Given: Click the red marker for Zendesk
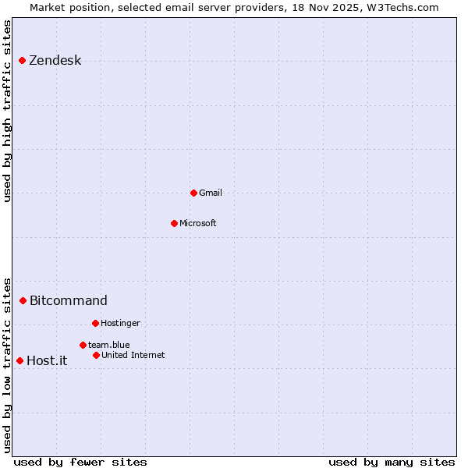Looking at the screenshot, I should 22,60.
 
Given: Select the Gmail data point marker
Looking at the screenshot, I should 193,193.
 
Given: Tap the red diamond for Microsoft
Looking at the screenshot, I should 174,223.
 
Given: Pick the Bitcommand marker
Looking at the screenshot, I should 23,300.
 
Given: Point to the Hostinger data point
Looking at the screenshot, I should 95,323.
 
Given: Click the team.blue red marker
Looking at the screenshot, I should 83,345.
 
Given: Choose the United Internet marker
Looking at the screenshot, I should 96,355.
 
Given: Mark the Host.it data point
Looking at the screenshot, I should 19,360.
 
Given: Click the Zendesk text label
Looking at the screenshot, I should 55,61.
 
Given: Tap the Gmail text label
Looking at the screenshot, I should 210,193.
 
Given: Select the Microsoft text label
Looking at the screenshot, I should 197,223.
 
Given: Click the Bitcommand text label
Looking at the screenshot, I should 69,300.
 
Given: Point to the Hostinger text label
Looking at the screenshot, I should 120,323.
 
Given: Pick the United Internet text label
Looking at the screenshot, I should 133,355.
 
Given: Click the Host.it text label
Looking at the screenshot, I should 47,360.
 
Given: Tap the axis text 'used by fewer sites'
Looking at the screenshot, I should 80,462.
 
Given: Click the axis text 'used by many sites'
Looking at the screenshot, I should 392,462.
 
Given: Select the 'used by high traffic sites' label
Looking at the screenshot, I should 8,111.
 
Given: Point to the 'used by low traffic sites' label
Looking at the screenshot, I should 8,365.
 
